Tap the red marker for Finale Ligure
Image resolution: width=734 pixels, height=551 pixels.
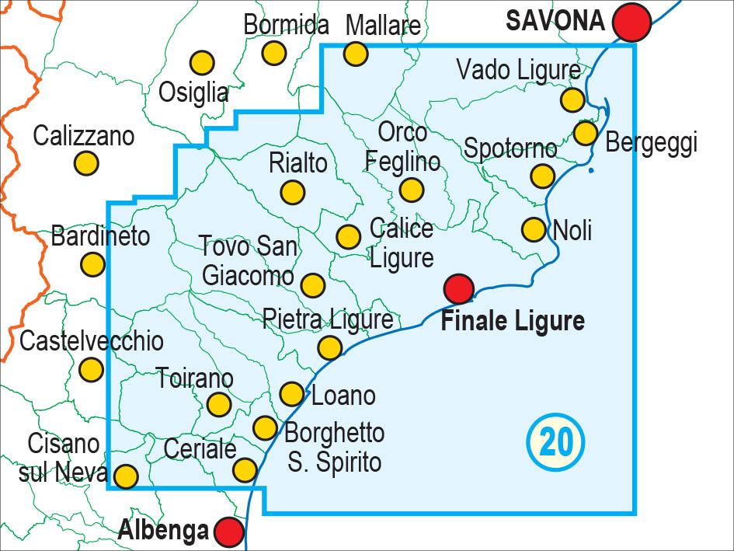[x=459, y=289]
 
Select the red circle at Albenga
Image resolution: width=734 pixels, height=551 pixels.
[x=228, y=532]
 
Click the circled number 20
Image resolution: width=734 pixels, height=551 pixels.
[x=555, y=442]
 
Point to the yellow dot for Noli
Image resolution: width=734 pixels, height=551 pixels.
[x=534, y=229]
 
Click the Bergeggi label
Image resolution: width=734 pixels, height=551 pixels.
[x=651, y=142]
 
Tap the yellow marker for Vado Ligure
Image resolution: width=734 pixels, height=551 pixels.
[x=572, y=99]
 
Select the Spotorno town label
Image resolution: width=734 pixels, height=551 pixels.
[x=510, y=148]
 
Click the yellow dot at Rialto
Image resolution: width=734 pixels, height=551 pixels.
[x=293, y=191]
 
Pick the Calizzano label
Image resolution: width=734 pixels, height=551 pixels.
[x=84, y=137]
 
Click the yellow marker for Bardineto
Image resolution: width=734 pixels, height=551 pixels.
[x=92, y=264]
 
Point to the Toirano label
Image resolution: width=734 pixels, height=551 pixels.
[x=195, y=379]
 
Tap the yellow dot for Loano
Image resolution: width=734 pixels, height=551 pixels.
[x=291, y=393]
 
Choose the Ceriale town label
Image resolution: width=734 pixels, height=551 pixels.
[x=200, y=448]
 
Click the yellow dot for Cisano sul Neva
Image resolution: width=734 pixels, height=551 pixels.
[x=126, y=475]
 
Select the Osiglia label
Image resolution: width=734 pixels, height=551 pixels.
[x=193, y=93]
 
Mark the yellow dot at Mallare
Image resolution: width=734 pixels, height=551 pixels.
[x=356, y=54]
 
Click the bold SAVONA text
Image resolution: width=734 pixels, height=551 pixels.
[x=555, y=21]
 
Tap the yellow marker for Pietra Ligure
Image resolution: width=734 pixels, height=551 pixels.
[x=330, y=347]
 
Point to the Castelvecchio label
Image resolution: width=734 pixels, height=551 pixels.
[x=92, y=341]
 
